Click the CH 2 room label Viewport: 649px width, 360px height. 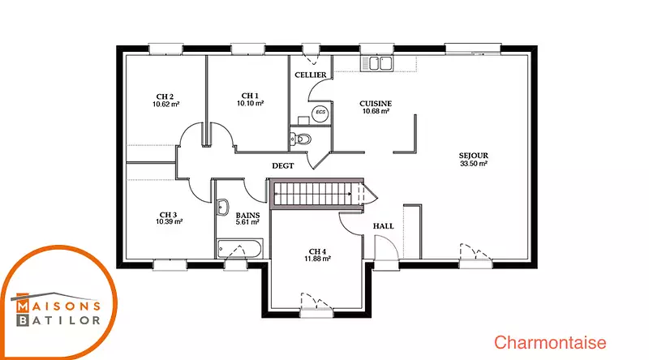point(165,96)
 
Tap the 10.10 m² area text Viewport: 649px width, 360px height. point(251,104)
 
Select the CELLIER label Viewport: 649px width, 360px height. point(311,75)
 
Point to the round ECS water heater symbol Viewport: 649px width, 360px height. point(320,113)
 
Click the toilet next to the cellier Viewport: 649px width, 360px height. point(300,139)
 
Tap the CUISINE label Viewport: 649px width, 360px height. point(376,104)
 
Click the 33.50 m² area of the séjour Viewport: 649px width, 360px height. point(474,164)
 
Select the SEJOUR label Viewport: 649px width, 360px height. point(474,156)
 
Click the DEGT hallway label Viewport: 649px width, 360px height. point(282,165)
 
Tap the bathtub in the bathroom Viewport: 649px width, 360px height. point(239,249)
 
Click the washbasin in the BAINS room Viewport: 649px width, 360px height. point(222,208)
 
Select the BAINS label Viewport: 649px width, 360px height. point(247,215)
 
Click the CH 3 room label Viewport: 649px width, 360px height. point(169,215)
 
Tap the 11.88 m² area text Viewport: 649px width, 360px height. point(317,259)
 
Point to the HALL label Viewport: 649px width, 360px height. point(383,226)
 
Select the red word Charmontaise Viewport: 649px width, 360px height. point(550,343)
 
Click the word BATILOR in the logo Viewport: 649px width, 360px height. point(58,320)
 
